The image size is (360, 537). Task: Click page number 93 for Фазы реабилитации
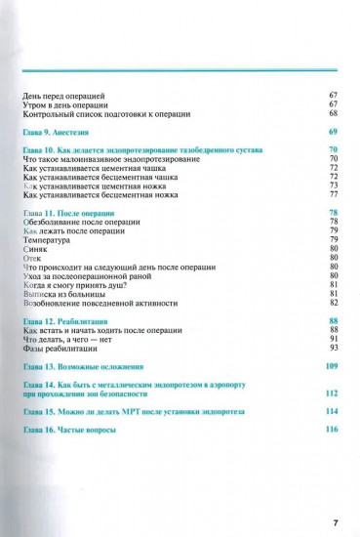[333, 348]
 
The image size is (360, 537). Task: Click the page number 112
[331, 392]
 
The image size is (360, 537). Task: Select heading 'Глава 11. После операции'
[67, 212]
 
